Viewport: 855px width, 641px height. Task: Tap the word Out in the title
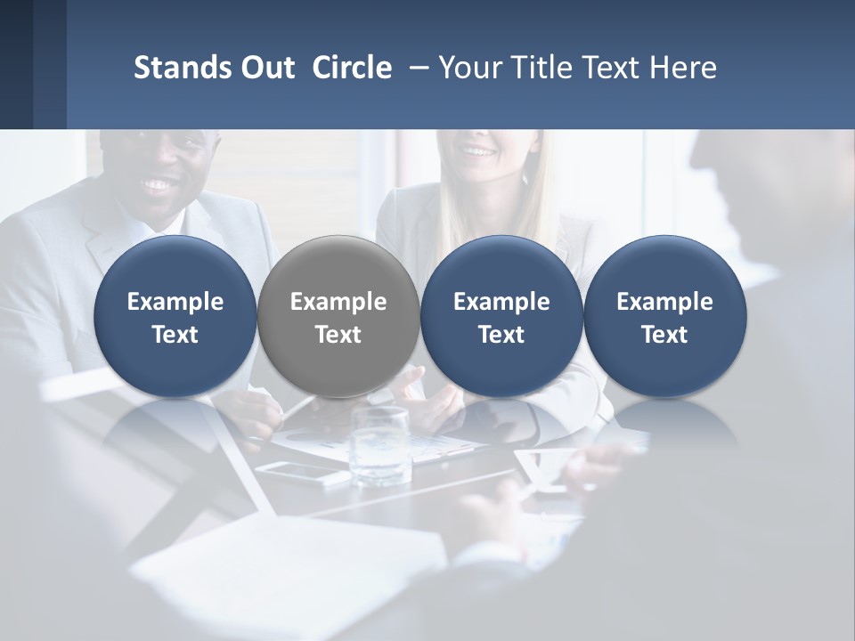click(266, 68)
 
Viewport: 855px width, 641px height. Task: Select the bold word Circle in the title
click(352, 68)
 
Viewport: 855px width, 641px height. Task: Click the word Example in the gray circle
click(338, 302)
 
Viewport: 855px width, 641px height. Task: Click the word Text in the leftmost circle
click(175, 335)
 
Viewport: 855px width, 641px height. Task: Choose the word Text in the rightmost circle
click(664, 335)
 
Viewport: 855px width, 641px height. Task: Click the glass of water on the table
click(380, 445)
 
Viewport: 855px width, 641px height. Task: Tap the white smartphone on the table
click(303, 473)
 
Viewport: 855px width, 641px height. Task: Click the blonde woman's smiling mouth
click(480, 151)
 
